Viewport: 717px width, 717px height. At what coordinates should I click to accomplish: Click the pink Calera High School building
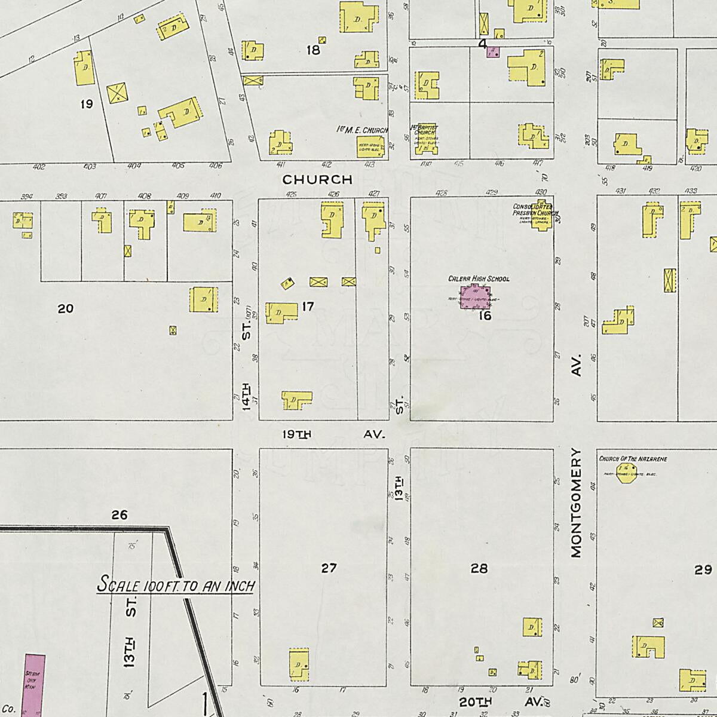pyautogui.click(x=475, y=297)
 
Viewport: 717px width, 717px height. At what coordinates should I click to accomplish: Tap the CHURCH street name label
pyautogui.click(x=317, y=179)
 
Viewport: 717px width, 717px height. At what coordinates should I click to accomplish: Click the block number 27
pyautogui.click(x=329, y=568)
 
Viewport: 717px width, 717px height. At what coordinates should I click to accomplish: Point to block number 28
pyautogui.click(x=479, y=568)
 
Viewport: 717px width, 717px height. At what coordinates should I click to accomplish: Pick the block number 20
pyautogui.click(x=66, y=308)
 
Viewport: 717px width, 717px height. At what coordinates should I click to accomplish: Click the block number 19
pyautogui.click(x=86, y=104)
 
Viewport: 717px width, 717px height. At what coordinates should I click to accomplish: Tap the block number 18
pyautogui.click(x=313, y=50)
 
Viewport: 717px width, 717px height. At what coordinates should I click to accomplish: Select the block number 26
pyautogui.click(x=119, y=514)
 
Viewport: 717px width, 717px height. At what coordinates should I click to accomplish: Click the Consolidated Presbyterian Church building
pyautogui.click(x=541, y=222)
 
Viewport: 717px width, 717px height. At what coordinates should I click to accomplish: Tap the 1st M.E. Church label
pyautogui.click(x=363, y=130)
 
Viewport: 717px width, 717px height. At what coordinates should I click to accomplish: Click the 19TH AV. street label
pyautogui.click(x=333, y=434)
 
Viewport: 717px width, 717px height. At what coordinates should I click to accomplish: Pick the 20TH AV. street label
pyautogui.click(x=502, y=701)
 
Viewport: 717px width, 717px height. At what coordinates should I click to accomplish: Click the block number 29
pyautogui.click(x=703, y=569)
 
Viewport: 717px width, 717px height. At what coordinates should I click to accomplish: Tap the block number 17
pyautogui.click(x=308, y=307)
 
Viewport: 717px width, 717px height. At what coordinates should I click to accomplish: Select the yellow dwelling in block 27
pyautogui.click(x=299, y=664)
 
